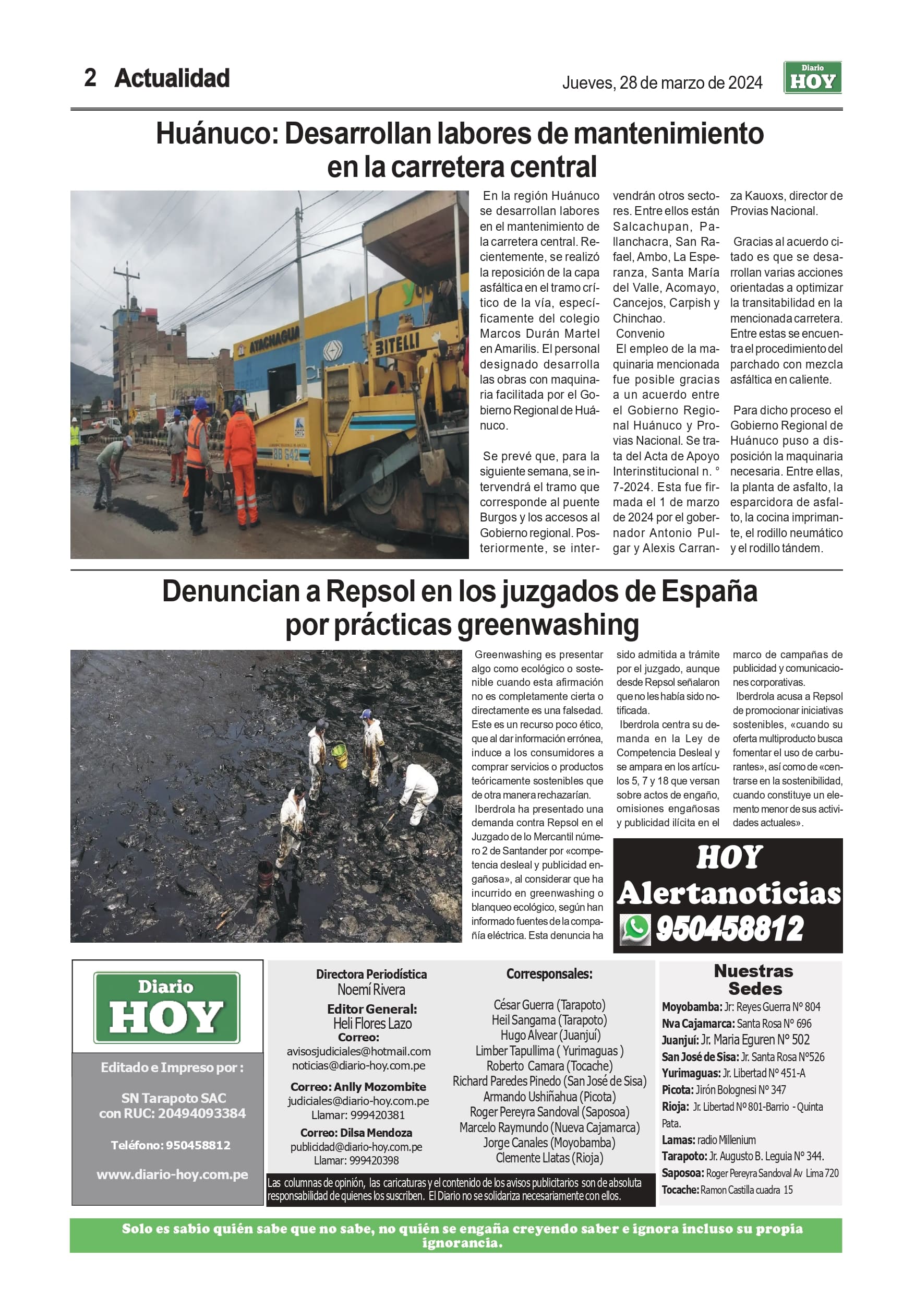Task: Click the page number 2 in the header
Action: pos(90,78)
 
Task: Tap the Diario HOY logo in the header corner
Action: pos(812,77)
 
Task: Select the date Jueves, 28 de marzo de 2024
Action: pos(662,83)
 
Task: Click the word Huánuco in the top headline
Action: pos(216,134)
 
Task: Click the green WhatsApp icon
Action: pos(635,929)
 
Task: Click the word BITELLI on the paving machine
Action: pos(398,343)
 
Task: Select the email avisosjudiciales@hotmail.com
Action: pos(358,1051)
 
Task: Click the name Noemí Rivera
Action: pos(371,989)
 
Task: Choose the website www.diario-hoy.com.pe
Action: pos(172,1171)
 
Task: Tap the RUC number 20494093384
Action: pos(201,1113)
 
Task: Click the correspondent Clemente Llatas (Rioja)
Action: pos(549,1158)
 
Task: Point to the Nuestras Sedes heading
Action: pos(754,980)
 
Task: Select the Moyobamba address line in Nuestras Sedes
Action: pos(741,1007)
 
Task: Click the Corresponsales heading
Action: pos(549,974)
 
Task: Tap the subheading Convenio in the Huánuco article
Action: pos(640,334)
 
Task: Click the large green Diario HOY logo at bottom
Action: pos(167,1007)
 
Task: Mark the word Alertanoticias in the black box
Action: pos(729,894)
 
